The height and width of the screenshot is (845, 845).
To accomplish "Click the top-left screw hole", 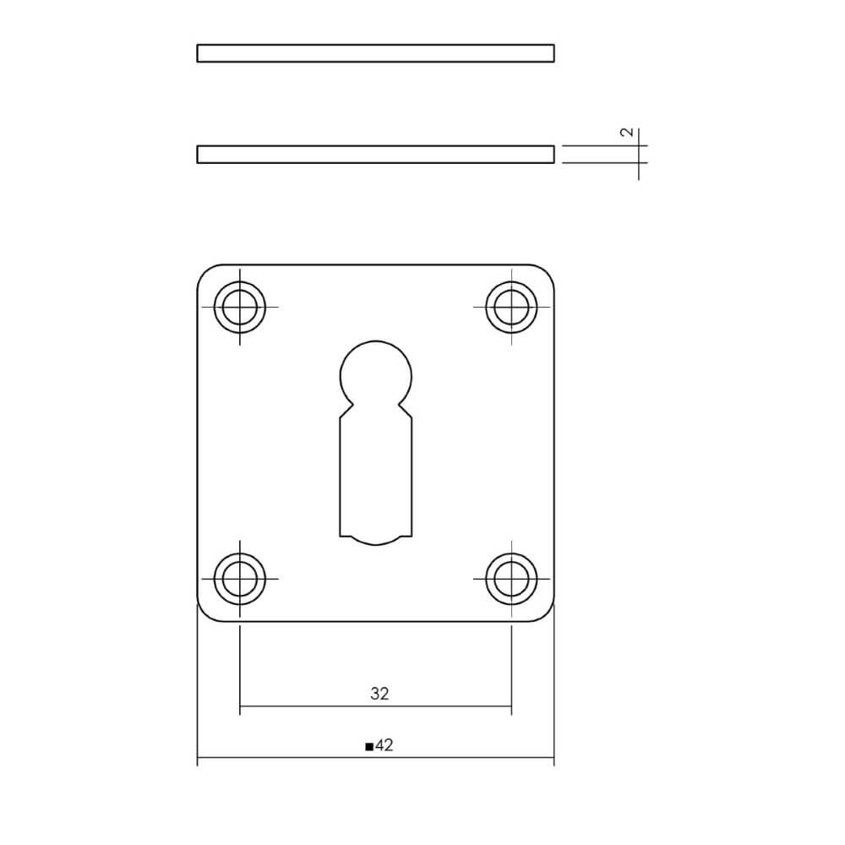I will click(240, 306).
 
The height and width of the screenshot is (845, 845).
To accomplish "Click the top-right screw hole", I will click(511, 306).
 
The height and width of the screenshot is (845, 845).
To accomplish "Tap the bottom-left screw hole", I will click(240, 579).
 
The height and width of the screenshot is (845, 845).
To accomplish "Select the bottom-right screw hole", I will click(511, 579).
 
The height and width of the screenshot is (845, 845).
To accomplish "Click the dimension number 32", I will click(379, 694).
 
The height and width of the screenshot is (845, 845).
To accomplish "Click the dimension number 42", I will click(384, 745).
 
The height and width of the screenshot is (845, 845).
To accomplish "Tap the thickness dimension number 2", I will click(626, 133).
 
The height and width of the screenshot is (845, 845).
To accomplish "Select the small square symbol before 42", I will click(368, 747).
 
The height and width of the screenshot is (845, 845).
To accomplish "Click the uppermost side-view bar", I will click(375, 53).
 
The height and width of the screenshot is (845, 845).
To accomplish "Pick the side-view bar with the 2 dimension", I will click(375, 154).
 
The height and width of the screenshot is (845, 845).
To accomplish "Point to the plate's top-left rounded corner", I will click(204, 271).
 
